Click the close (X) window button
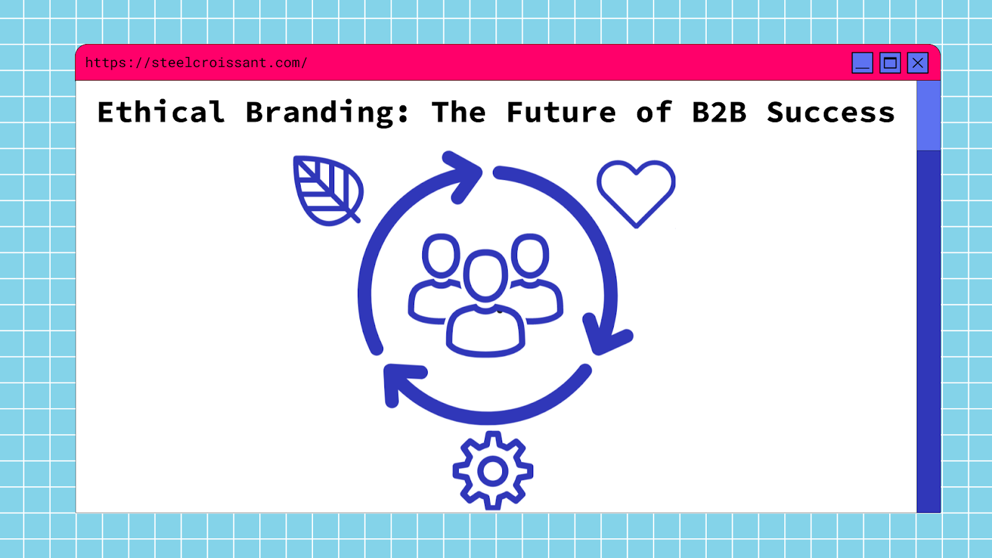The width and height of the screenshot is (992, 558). click(x=918, y=63)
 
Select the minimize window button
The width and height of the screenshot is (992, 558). click(x=862, y=63)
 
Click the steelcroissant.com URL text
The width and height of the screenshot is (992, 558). click(x=196, y=63)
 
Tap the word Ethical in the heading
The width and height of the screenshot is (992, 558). click(x=161, y=112)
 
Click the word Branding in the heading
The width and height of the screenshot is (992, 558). click(x=327, y=112)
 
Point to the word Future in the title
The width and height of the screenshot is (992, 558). click(x=561, y=112)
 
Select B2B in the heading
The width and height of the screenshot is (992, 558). click(x=719, y=112)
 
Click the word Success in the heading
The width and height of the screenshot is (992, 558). click(x=831, y=112)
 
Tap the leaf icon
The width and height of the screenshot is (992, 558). click(x=327, y=190)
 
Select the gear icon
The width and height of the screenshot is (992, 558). click(x=493, y=471)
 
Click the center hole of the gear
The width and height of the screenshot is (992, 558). click(x=493, y=472)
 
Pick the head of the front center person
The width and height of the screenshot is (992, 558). click(x=485, y=275)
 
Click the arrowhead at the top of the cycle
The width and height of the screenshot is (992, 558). click(x=464, y=174)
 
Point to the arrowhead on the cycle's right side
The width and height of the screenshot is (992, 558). click(x=604, y=335)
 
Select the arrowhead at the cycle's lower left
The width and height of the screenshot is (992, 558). click(x=400, y=381)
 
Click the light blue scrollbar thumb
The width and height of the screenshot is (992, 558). click(x=928, y=115)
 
